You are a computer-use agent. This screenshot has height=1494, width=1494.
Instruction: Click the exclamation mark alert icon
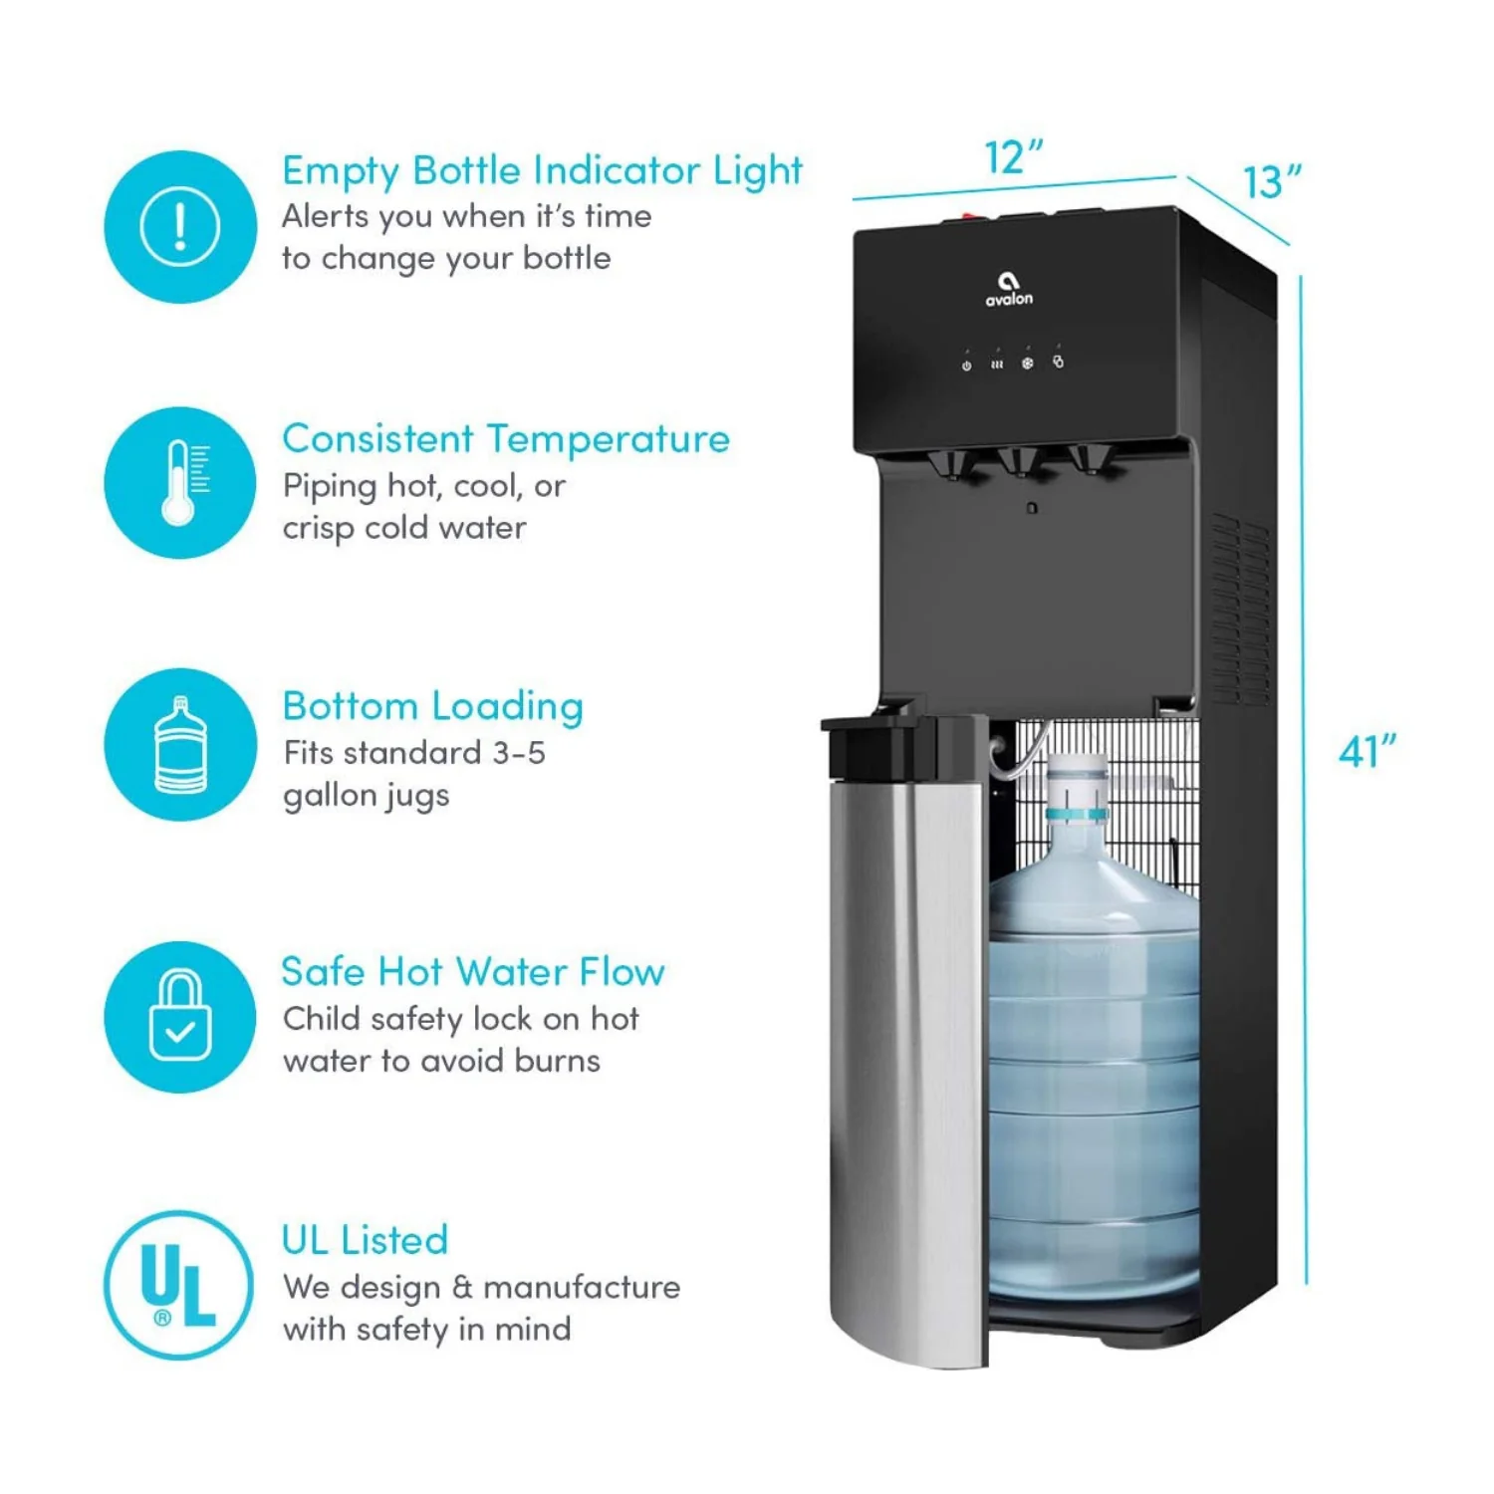pos(180,227)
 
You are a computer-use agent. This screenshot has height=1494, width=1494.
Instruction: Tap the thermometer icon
pos(180,482)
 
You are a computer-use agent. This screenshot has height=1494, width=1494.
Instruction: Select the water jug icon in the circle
pos(180,745)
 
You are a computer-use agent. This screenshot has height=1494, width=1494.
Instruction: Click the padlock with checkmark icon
pos(180,1017)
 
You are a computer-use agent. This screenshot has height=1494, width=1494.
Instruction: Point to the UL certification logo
pos(179,1285)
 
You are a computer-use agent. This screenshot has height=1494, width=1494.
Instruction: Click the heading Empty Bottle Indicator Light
pos(542,171)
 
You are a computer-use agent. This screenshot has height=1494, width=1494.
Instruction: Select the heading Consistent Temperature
pos(506,439)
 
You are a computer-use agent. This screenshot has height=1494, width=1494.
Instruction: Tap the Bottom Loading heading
pos(432,706)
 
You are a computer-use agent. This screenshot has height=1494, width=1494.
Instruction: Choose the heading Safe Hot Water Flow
pos(473,972)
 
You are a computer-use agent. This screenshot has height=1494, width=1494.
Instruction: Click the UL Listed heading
pos(365,1240)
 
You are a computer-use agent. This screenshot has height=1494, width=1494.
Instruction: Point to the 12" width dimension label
pos(1013,157)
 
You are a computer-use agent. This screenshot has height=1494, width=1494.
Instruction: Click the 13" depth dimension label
pos(1272,182)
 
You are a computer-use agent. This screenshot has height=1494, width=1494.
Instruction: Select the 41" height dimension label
pos(1367,752)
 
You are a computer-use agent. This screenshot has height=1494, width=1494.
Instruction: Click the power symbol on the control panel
pos(966,366)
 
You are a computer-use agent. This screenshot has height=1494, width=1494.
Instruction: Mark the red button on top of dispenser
pos(969,214)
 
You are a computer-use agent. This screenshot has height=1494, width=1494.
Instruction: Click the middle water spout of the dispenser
pos(1020,462)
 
